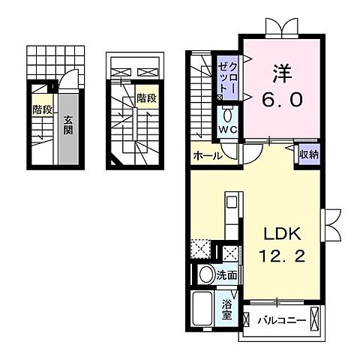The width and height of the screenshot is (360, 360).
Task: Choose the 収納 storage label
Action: [307, 155]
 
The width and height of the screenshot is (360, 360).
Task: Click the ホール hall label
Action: [206, 156]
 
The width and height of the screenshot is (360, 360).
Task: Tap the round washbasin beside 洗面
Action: [205, 275]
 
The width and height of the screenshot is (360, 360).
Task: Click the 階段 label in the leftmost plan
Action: [42, 109]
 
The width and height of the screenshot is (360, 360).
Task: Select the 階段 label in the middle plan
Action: [145, 97]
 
